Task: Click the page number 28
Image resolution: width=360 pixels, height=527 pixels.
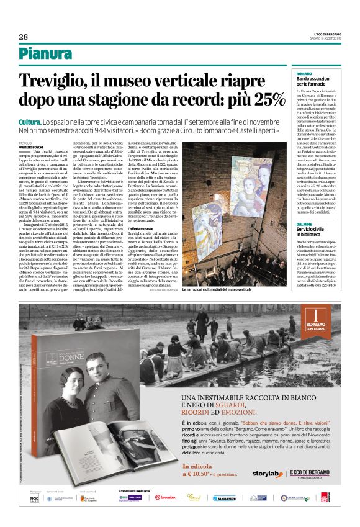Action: click(x=23, y=37)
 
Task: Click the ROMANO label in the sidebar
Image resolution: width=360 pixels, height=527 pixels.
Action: click(x=303, y=73)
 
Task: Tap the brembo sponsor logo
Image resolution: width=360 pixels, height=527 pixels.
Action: click(x=164, y=515)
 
